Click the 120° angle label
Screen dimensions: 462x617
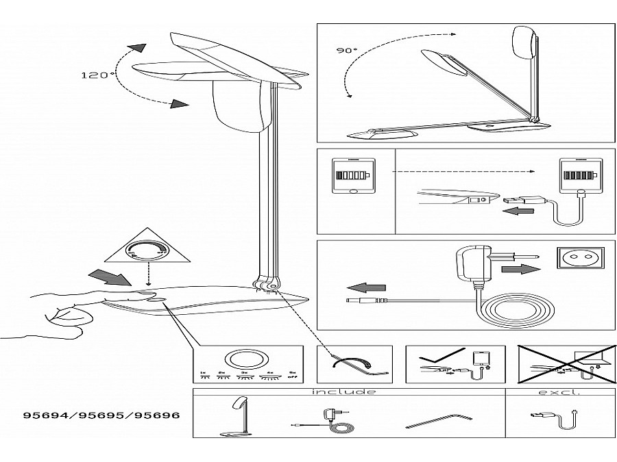pos(99,75)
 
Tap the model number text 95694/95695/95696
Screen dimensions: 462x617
pos(97,415)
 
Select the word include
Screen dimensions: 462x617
pos(343,392)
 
